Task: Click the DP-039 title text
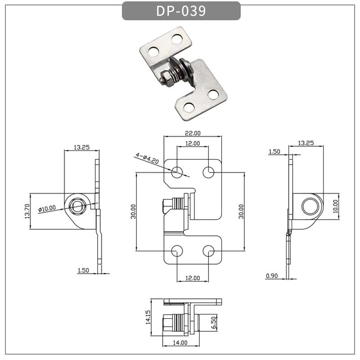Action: click(181, 11)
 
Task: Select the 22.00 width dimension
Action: click(193, 133)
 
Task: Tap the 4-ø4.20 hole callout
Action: click(146, 157)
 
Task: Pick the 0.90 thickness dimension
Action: click(271, 276)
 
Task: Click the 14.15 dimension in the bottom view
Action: click(147, 317)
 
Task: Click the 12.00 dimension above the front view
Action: click(193, 143)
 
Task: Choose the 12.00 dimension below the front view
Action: click(192, 278)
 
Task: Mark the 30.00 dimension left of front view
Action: click(133, 211)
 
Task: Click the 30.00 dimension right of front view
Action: click(241, 211)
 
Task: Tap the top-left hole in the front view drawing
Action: click(177, 171)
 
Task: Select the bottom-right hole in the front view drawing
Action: click(208, 251)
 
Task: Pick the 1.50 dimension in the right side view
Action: click(274, 152)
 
